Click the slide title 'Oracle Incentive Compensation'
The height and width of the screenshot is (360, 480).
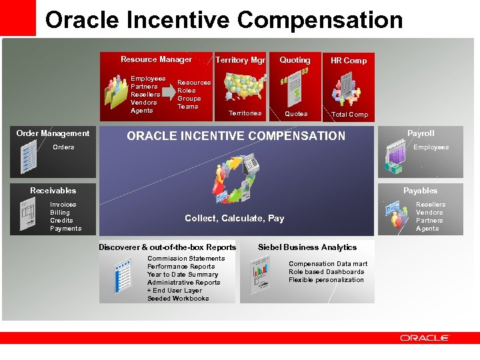click(x=223, y=20)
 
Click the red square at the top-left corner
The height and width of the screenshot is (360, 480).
click(x=17, y=17)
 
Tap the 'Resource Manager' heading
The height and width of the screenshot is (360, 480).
click(x=156, y=59)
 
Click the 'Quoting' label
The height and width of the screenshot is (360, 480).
click(x=295, y=60)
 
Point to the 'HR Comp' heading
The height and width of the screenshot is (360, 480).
click(x=349, y=61)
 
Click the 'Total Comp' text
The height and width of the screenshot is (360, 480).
click(x=349, y=115)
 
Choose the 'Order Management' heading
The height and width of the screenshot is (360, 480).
click(x=53, y=133)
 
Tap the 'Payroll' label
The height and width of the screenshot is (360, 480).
click(x=421, y=133)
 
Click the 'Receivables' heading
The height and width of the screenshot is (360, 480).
click(x=53, y=191)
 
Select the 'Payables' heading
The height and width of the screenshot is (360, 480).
click(x=420, y=191)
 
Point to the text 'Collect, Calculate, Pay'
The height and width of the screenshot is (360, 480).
click(x=234, y=219)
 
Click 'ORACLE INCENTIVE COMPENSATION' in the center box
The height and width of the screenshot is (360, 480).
click(x=236, y=136)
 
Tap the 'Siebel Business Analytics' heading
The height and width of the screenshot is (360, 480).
click(x=307, y=247)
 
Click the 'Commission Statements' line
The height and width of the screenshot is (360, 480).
click(x=186, y=259)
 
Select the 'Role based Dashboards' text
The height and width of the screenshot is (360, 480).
click(x=326, y=272)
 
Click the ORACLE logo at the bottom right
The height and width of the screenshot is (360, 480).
click(x=424, y=338)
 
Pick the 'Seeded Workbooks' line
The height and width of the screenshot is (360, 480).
click(x=178, y=299)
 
